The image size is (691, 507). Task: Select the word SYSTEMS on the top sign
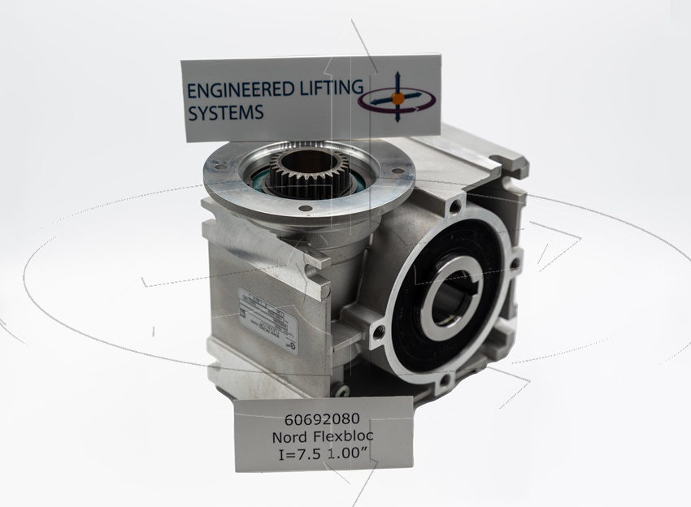(226, 113)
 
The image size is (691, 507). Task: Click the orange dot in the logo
(398, 98)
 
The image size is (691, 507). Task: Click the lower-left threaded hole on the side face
(377, 331)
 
